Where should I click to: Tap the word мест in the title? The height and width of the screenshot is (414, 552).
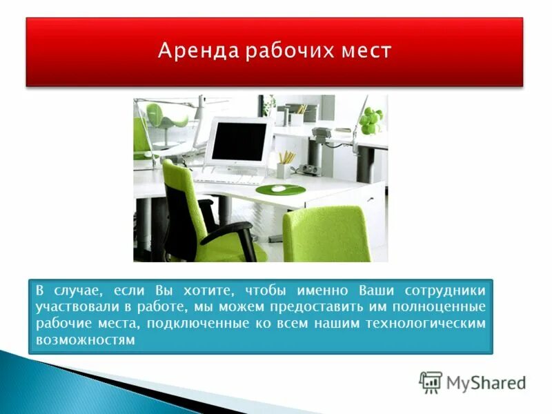(x=362, y=51)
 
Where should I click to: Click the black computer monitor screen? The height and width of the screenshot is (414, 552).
(x=239, y=141)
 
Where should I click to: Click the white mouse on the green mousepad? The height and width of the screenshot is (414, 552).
(x=277, y=188)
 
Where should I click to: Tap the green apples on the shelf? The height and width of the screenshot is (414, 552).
(x=371, y=120)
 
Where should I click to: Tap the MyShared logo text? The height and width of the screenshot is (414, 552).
(x=486, y=383)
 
